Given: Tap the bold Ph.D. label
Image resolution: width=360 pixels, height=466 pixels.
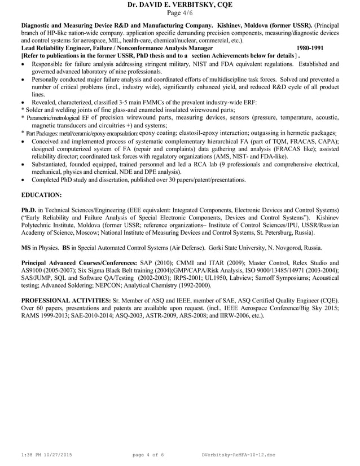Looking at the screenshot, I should (x=29, y=210).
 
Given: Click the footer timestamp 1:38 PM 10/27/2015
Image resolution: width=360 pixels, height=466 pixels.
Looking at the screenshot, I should (x=47, y=455).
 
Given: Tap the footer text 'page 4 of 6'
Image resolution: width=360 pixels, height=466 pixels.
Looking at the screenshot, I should (x=148, y=455).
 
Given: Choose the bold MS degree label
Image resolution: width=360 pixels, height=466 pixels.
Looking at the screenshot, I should (x=26, y=247).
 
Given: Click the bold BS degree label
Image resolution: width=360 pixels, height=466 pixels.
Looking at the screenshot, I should (x=67, y=247).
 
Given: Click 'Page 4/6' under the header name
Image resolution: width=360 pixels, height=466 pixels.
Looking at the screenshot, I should (x=180, y=13).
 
